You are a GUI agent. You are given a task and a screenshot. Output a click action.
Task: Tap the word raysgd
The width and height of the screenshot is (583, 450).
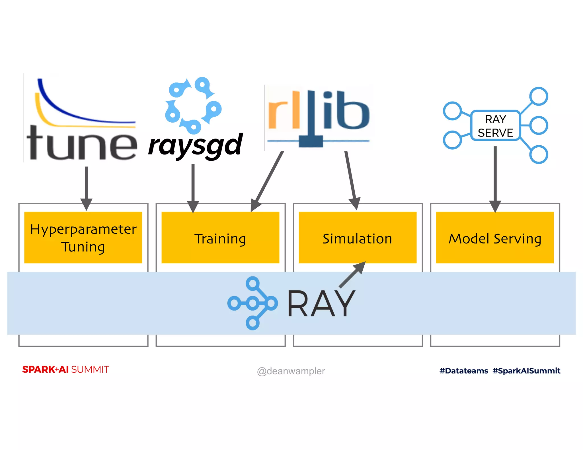pyautogui.click(x=195, y=146)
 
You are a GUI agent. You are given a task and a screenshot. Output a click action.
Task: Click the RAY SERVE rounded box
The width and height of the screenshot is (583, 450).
pyautogui.click(x=495, y=126)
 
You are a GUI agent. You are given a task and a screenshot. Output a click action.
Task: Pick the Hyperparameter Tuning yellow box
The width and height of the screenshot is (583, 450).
pyautogui.click(x=83, y=238)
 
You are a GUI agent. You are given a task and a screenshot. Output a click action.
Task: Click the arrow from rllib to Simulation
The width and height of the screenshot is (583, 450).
pyautogui.click(x=351, y=179)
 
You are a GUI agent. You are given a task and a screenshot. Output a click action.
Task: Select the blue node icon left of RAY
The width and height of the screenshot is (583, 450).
pyautogui.click(x=253, y=303)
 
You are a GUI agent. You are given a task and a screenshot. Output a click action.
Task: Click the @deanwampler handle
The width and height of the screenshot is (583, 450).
pyautogui.click(x=291, y=371)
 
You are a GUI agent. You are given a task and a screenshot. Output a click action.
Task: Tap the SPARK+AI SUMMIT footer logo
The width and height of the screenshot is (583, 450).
pyautogui.click(x=65, y=370)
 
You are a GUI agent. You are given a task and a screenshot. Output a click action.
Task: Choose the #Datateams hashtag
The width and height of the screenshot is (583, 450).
pyautogui.click(x=464, y=371)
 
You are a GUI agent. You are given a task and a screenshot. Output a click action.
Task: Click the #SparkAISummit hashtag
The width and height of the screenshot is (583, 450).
pyautogui.click(x=526, y=371)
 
